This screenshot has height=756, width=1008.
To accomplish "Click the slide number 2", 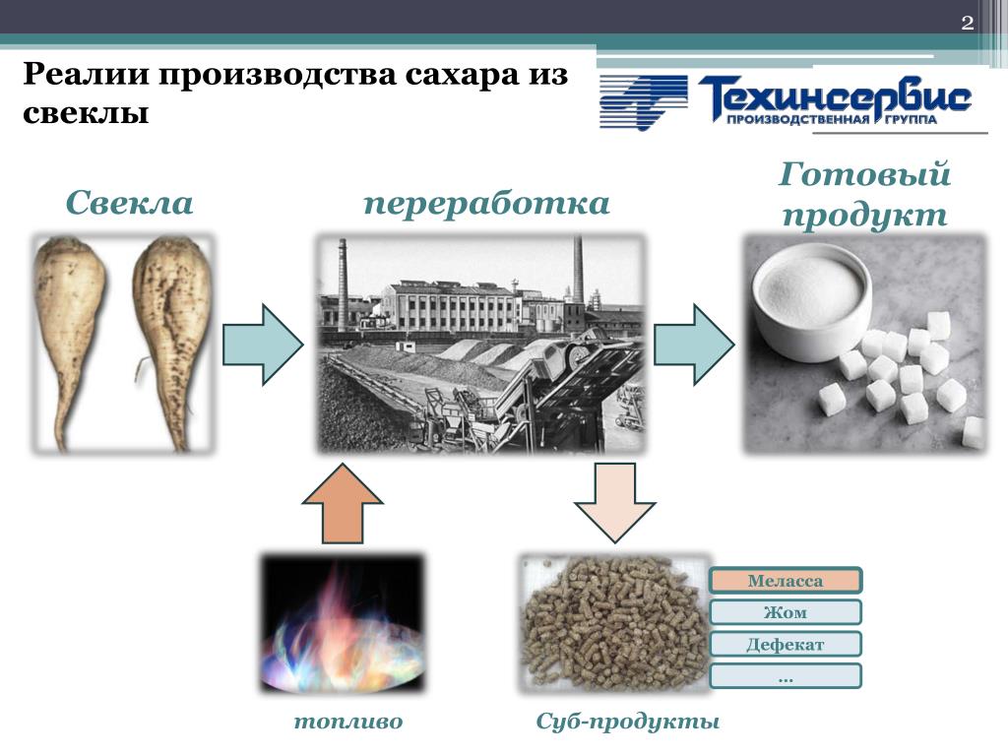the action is (x=967, y=24).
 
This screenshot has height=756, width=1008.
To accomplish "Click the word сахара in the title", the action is (x=463, y=75).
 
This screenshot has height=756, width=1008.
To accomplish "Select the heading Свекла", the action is (x=129, y=203).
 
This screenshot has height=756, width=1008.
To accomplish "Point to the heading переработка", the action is (x=486, y=204).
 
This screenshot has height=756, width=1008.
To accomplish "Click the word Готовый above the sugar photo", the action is (x=864, y=173).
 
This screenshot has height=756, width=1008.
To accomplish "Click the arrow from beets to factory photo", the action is (x=263, y=346).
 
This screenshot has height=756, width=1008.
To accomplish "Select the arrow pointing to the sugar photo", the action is (x=694, y=346).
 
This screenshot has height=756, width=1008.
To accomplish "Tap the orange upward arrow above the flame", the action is (x=343, y=503).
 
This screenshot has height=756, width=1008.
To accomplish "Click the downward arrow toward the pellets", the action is (x=615, y=503).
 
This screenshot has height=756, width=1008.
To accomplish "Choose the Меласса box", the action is (x=785, y=581).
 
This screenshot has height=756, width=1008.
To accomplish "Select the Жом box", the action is (x=785, y=612).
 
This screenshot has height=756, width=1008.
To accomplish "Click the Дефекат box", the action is (x=785, y=644).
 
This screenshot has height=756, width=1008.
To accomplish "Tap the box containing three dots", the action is (x=785, y=676).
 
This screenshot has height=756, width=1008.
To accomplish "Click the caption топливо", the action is (x=348, y=722).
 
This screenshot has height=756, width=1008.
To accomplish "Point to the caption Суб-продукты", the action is (x=627, y=722).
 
